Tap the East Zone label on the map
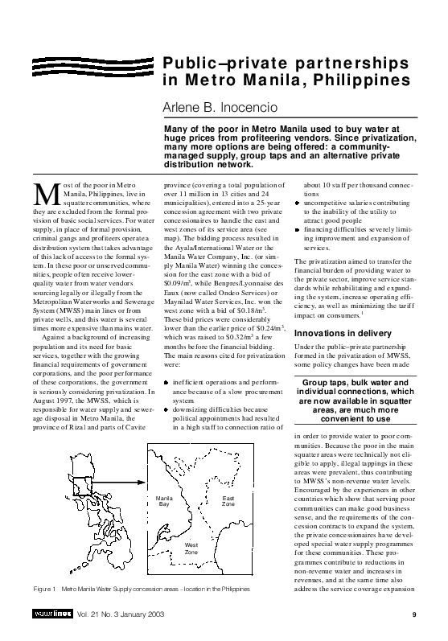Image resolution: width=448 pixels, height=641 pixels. click(x=228, y=501)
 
